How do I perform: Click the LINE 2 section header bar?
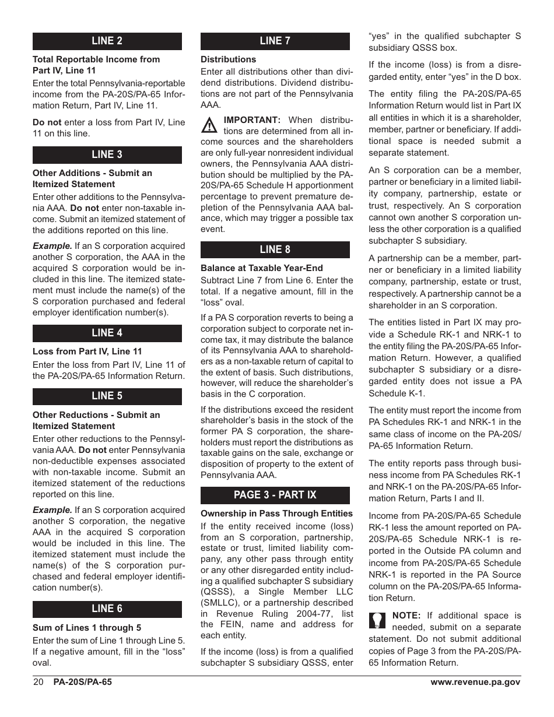pyautogui.click(x=107, y=41)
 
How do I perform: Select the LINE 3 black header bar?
pyautogui.click(x=107, y=154)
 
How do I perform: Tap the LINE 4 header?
pyautogui.click(x=107, y=333)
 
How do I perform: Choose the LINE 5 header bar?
pyautogui.click(x=107, y=396)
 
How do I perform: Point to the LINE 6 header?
pyautogui.click(x=107, y=609)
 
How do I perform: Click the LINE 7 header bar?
pyautogui.click(x=275, y=41)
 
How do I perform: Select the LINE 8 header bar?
pyautogui.click(x=275, y=249)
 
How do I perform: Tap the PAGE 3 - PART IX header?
pyautogui.click(x=275, y=495)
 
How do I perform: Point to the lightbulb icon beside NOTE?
pyautogui.click(x=377, y=620)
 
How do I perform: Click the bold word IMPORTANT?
pyautogui.click(x=253, y=119)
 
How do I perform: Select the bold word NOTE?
pyautogui.click(x=406, y=616)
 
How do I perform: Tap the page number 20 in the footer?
pyautogui.click(x=38, y=682)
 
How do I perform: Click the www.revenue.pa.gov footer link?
pyautogui.click(x=475, y=682)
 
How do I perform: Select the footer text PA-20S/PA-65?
pyautogui.click(x=82, y=682)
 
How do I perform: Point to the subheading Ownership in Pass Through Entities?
pyautogui.click(x=276, y=514)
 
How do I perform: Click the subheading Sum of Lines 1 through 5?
pyautogui.click(x=87, y=628)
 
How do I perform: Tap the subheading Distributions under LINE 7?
pyautogui.click(x=228, y=59)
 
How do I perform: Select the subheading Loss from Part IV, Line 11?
pyautogui.click(x=87, y=352)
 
